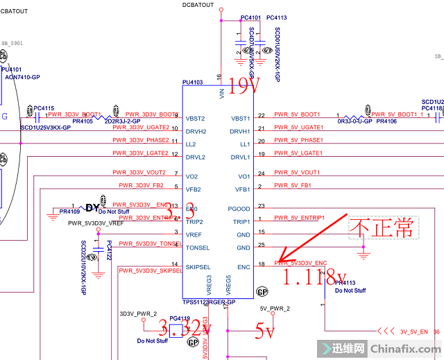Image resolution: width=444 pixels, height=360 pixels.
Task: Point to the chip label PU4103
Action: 192,83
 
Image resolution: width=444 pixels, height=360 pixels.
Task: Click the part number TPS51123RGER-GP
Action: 209,302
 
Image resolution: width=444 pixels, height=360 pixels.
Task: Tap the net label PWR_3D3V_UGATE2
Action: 140,128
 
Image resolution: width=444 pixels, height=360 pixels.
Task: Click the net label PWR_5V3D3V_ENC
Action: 300,263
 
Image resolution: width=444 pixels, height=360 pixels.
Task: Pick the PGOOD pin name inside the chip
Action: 240,208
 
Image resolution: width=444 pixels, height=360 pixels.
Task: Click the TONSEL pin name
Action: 198,248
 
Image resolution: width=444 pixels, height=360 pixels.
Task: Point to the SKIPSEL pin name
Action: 198,266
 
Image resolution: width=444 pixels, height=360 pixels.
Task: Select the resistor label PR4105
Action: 82,121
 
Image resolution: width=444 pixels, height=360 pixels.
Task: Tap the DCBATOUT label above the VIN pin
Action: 199,5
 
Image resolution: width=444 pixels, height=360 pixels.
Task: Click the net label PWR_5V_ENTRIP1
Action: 300,218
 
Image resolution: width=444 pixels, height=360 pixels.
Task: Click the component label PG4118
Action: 179,318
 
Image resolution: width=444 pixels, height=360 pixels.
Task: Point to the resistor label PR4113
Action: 345,283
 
